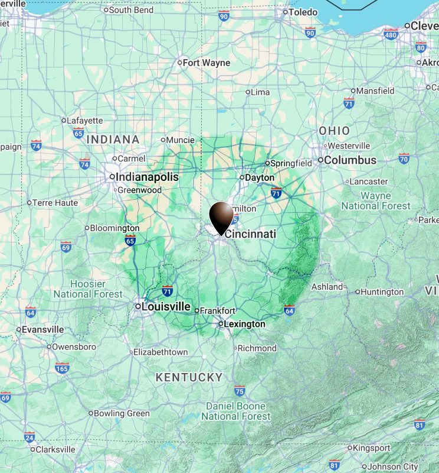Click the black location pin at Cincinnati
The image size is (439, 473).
pyautogui.click(x=222, y=216)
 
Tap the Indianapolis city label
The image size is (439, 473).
pyautogui.click(x=147, y=177)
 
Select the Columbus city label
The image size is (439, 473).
pyautogui.click(x=350, y=160)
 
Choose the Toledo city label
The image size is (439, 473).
pyautogui.click(x=304, y=12)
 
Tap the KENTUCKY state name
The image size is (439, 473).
pyautogui.click(x=189, y=377)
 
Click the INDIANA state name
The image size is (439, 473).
pyautogui.click(x=113, y=140)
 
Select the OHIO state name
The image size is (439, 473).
pyautogui.click(x=334, y=131)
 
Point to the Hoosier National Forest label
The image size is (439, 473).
pyautogui.click(x=88, y=289)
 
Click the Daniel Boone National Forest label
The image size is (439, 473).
pyautogui.click(x=235, y=411)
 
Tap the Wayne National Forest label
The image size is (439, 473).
pyautogui.click(x=376, y=201)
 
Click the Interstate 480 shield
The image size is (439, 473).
pyautogui.click(x=391, y=34)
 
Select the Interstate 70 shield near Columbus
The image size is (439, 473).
pyautogui.click(x=404, y=158)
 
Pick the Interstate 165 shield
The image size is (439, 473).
pyautogui.click(x=62, y=368)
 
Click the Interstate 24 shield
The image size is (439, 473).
pyautogui.click(x=30, y=438)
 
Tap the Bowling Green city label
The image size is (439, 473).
pyautogui.click(x=122, y=413)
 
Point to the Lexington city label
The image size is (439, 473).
pyautogui.click(x=244, y=324)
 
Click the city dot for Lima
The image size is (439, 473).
pyautogui.click(x=248, y=92)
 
